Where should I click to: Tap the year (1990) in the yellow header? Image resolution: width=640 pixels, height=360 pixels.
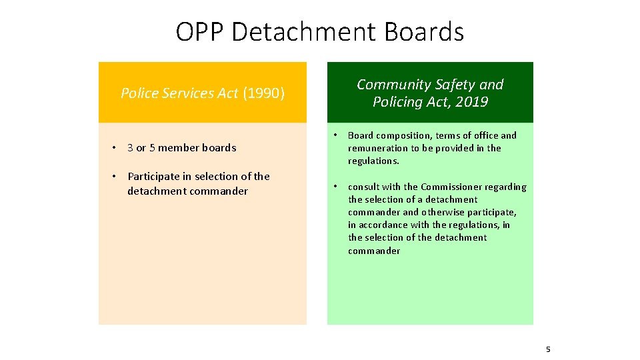click(263, 93)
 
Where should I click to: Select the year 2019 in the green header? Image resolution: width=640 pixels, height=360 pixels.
click(471, 102)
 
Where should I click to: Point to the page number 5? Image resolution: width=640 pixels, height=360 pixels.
click(548, 349)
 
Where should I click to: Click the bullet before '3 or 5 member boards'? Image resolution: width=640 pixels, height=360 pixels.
click(115, 148)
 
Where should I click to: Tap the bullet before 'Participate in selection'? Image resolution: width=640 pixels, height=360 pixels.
click(115, 177)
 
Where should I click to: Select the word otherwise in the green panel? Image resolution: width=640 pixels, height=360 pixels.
click(444, 212)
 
